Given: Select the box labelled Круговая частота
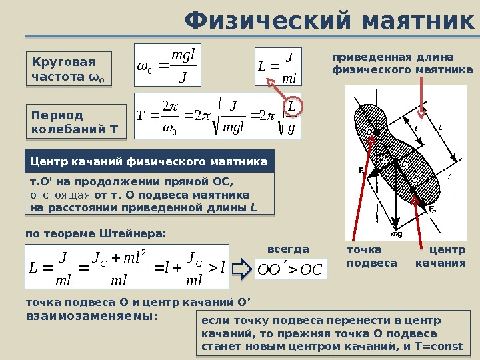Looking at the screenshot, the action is click(x=69, y=69).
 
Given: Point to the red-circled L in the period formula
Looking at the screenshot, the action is click(x=291, y=107).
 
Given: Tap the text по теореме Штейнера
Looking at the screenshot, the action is click(x=95, y=233).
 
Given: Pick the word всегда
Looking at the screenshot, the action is click(x=288, y=249).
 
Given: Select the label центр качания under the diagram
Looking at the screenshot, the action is click(x=441, y=257).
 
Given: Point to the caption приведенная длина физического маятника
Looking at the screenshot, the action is click(x=402, y=63).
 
